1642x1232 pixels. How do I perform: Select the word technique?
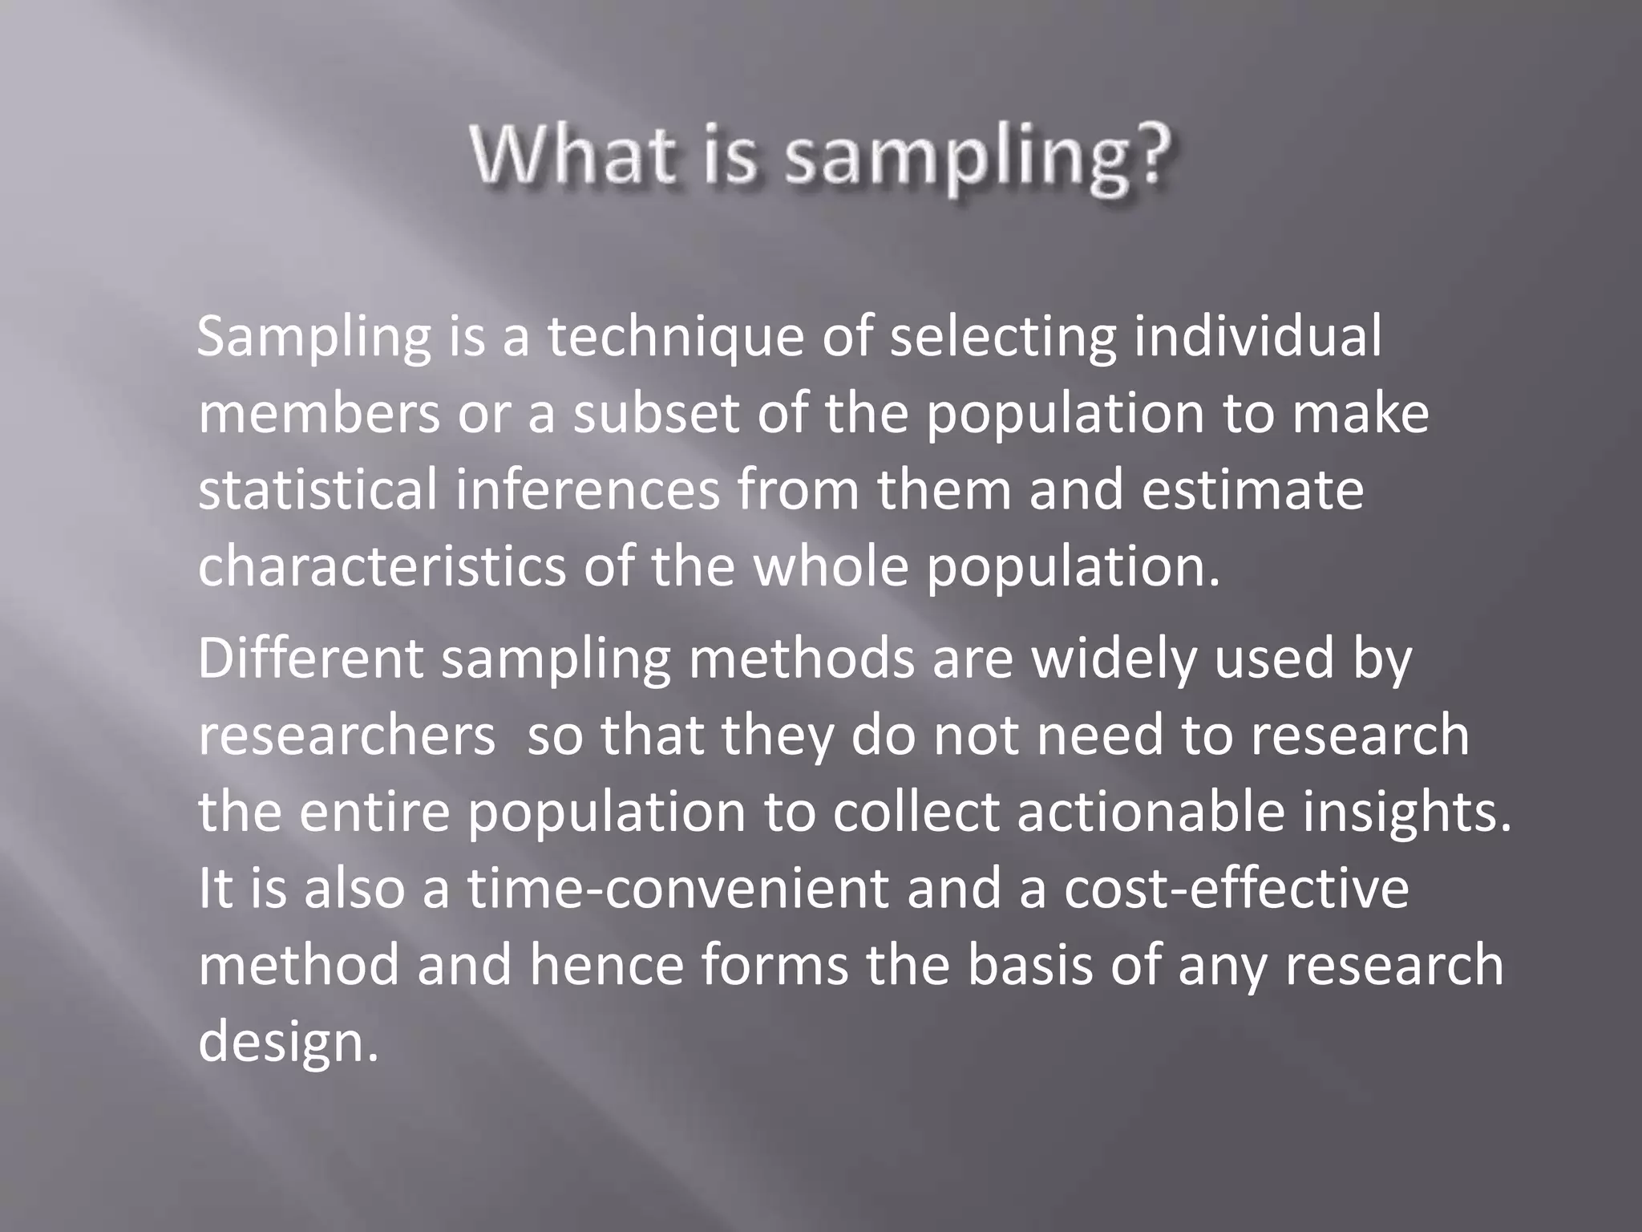pos(676,336)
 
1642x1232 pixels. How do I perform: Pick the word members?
pos(319,413)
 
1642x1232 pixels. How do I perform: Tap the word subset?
pos(657,413)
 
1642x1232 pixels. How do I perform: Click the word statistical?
pos(318,490)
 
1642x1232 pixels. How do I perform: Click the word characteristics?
pos(382,567)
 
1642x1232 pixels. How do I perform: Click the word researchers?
pos(346,736)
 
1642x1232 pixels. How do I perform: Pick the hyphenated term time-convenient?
pos(678,889)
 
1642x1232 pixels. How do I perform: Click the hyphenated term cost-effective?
pos(1236,889)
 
